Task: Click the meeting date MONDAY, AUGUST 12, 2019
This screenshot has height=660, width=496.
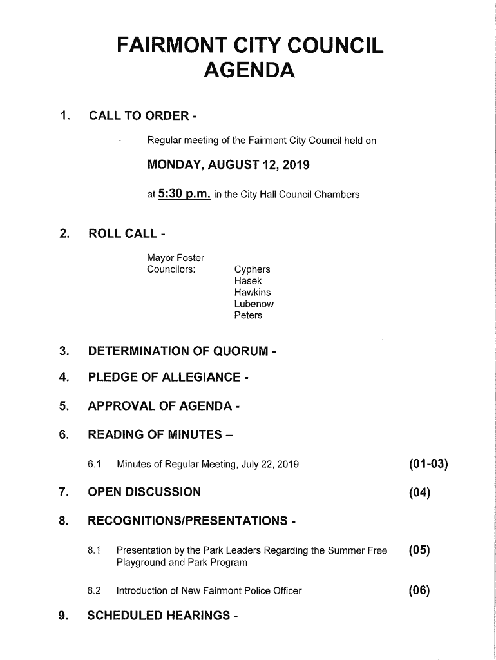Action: (x=228, y=166)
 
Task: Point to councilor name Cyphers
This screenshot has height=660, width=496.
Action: (x=253, y=269)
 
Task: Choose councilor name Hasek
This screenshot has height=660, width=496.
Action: (x=248, y=281)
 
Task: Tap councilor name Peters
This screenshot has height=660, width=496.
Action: (x=248, y=316)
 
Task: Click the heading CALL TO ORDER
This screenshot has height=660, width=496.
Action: (x=142, y=117)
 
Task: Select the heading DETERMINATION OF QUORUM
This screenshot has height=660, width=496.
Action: (x=182, y=352)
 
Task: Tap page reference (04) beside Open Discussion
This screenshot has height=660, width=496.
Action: (x=419, y=493)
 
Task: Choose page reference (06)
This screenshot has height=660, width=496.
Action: (x=419, y=591)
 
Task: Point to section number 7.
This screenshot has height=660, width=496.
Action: (x=63, y=493)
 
